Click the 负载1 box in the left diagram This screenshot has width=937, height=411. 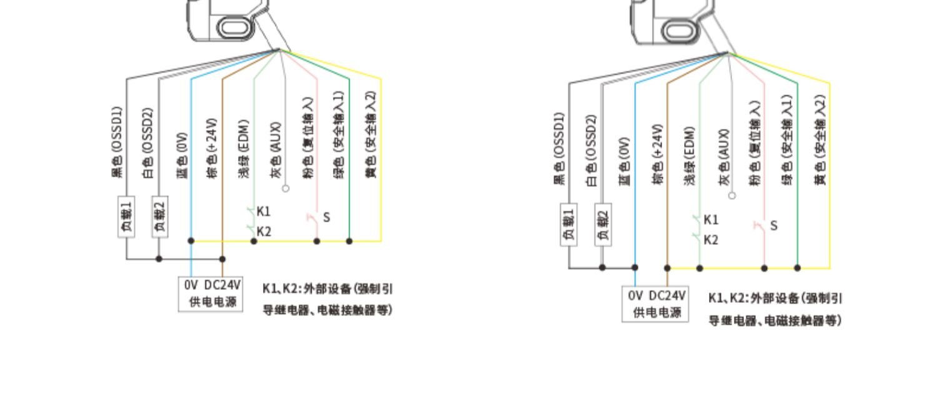(127, 217)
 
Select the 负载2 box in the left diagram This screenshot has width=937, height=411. (160, 217)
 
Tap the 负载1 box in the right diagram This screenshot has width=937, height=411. (569, 224)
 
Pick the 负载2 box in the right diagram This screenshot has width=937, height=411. (603, 224)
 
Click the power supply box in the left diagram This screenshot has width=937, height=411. (211, 294)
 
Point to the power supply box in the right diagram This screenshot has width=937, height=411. (656, 304)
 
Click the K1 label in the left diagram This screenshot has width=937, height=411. (264, 211)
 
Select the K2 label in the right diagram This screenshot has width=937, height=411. (711, 240)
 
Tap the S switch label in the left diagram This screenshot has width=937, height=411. (326, 217)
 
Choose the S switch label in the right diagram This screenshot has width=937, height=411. (773, 225)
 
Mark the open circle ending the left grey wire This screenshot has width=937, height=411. (285, 188)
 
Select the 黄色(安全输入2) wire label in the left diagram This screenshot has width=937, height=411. (370, 135)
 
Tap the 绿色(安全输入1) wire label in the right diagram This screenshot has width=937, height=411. (788, 141)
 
